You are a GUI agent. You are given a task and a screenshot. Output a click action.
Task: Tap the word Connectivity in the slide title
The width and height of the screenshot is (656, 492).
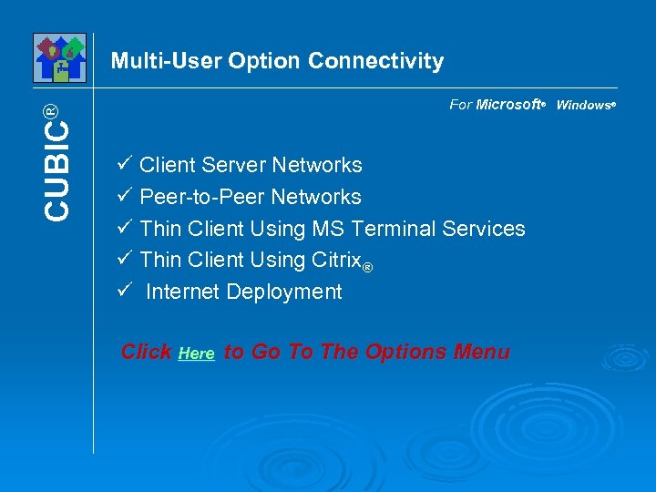point(375,61)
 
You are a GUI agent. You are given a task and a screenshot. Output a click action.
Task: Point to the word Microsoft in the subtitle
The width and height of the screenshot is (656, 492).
point(508,105)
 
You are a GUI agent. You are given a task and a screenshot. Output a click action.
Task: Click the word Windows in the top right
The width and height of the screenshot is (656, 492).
point(583,105)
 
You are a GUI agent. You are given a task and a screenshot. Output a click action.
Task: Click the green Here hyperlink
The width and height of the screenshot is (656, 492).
point(196,354)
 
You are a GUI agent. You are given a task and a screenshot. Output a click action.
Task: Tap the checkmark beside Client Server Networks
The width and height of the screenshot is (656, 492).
point(126,164)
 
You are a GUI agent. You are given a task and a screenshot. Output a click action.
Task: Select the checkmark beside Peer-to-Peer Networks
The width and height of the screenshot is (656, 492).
point(126,196)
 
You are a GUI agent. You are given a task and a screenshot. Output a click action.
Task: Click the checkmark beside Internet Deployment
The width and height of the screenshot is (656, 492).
point(126,291)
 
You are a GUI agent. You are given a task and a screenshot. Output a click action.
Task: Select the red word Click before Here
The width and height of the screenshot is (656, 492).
point(147,353)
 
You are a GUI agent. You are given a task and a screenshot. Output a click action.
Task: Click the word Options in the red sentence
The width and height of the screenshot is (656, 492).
point(404,353)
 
